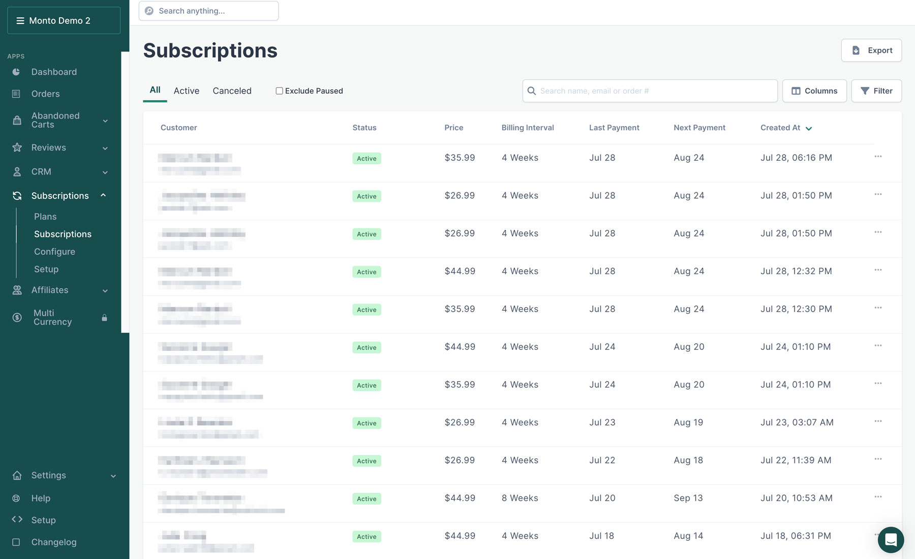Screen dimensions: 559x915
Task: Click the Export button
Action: coord(871,50)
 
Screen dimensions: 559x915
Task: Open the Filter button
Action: coord(876,91)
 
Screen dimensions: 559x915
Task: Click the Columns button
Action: coord(814,91)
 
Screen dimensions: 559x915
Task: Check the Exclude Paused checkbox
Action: coord(279,91)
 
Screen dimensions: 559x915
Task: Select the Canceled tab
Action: coord(232,91)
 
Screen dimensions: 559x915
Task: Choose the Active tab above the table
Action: coord(187,91)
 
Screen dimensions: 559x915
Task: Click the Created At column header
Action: coord(780,128)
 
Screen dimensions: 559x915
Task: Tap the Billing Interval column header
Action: coord(528,128)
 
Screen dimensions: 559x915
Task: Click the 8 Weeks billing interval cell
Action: coord(520,498)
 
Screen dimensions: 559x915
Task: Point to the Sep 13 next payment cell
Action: coord(688,498)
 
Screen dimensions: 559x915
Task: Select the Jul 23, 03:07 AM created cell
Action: coord(797,422)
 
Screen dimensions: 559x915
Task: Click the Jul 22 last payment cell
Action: coord(602,460)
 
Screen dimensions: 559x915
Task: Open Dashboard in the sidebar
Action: coord(54,72)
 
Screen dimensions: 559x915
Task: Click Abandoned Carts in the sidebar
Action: coord(55,120)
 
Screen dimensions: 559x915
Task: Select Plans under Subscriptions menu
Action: coord(45,217)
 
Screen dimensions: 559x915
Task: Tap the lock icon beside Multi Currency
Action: coord(104,318)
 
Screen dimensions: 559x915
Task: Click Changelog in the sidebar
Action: coord(54,542)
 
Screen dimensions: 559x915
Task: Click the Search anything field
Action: coord(208,11)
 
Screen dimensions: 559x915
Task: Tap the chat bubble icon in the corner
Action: coord(891,539)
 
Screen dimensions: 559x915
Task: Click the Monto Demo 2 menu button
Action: coord(64,20)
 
